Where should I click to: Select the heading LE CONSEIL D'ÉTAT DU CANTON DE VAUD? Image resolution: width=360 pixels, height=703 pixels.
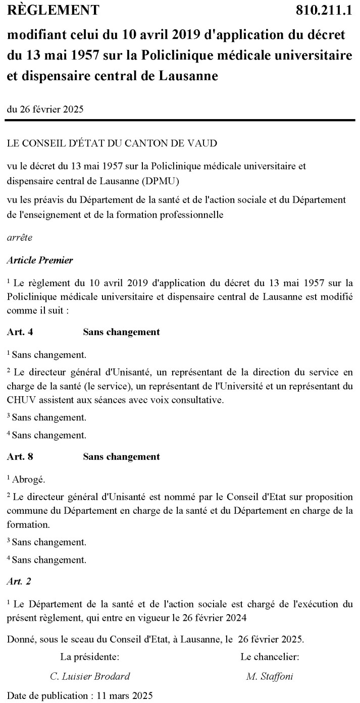tap(112, 143)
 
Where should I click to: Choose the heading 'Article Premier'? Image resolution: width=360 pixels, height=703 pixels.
tap(40, 260)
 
